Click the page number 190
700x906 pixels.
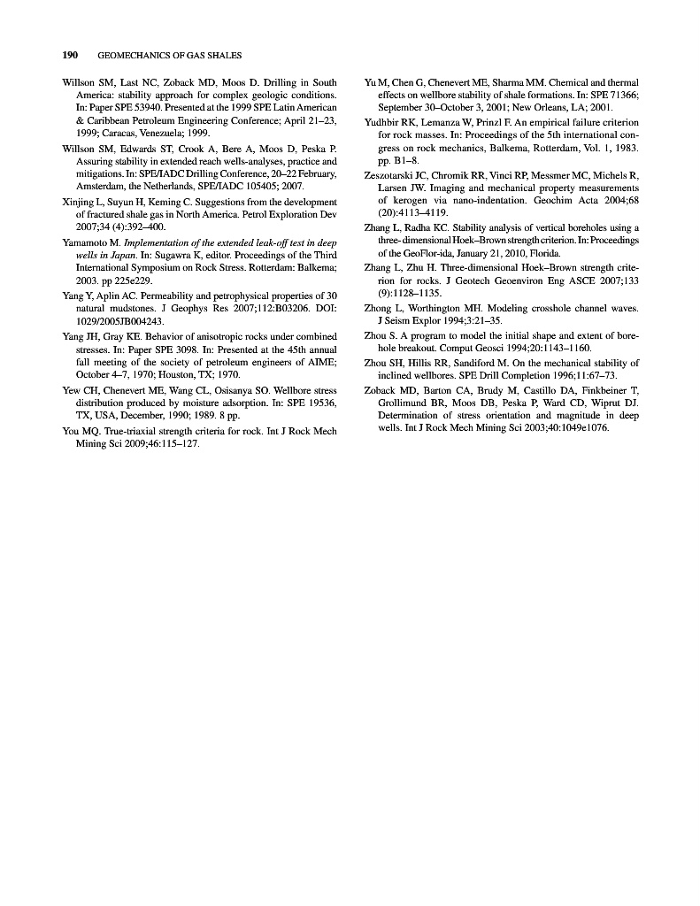(71, 55)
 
